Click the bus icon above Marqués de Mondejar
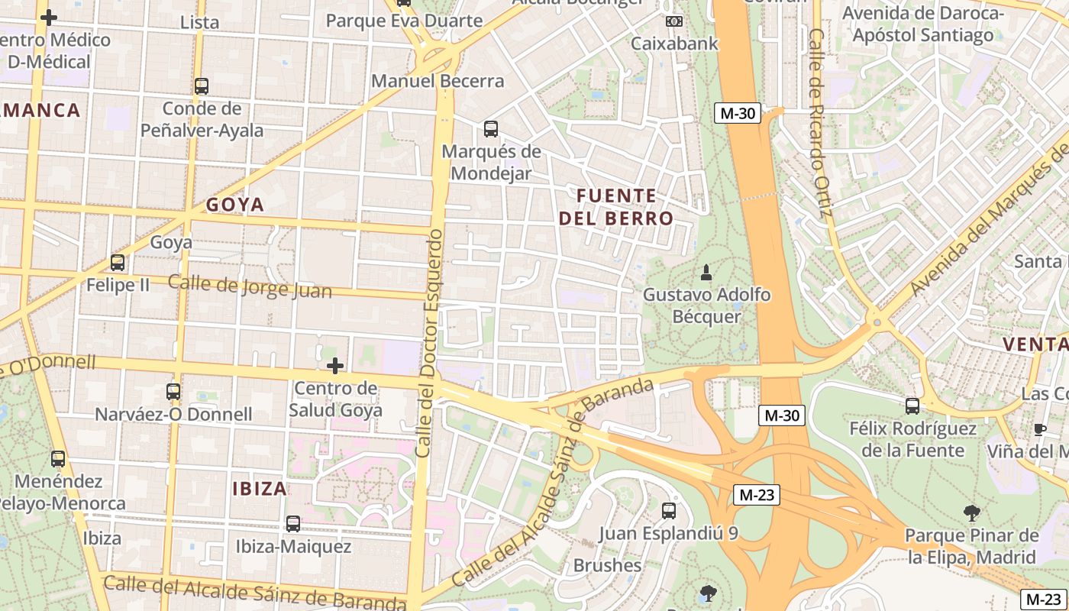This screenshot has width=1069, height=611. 491,129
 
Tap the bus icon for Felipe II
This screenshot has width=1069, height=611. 118,263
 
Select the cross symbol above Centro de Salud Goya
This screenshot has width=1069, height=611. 334,366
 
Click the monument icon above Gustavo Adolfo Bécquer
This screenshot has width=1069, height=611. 706,272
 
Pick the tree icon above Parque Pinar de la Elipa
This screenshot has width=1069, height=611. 971,512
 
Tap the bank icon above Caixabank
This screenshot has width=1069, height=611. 673,21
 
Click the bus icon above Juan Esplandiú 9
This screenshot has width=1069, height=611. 669,510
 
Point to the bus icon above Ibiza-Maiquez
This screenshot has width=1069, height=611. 293,524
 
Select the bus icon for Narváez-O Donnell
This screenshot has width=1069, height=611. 173,392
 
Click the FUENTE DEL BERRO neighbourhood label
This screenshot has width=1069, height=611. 616,207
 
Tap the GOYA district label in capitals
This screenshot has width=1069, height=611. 235,205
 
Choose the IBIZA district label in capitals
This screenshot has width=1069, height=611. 260,489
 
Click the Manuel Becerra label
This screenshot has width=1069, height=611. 438,81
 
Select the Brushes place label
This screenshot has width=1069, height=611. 607,566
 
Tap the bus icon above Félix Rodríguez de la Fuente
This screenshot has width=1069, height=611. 912,406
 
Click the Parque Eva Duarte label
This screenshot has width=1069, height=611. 404,21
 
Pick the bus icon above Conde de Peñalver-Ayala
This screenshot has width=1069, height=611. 202,86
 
